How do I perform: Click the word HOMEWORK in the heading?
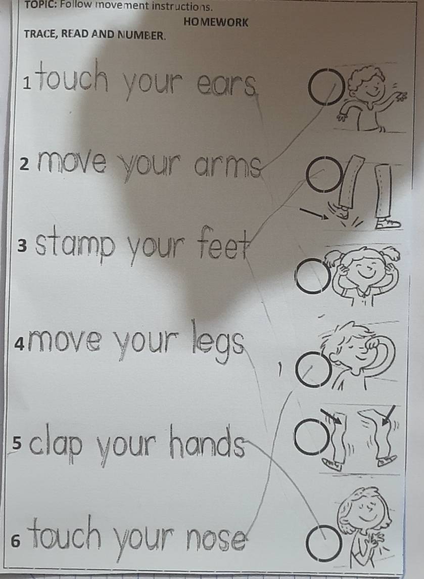(217, 22)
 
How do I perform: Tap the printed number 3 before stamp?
(21, 246)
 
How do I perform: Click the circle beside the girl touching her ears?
(312, 277)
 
